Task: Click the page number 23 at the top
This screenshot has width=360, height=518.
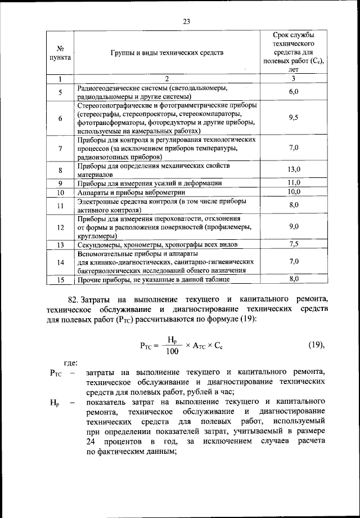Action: click(187, 21)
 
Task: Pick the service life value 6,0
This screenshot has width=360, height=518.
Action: click(293, 92)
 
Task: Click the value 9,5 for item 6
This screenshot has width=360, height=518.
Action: click(293, 118)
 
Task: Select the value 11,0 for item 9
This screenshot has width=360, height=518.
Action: click(294, 182)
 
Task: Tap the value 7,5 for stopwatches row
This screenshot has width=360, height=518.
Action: click(294, 244)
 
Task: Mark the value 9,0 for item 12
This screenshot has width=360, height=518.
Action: click(294, 226)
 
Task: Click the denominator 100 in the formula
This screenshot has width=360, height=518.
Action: click(172, 352)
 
